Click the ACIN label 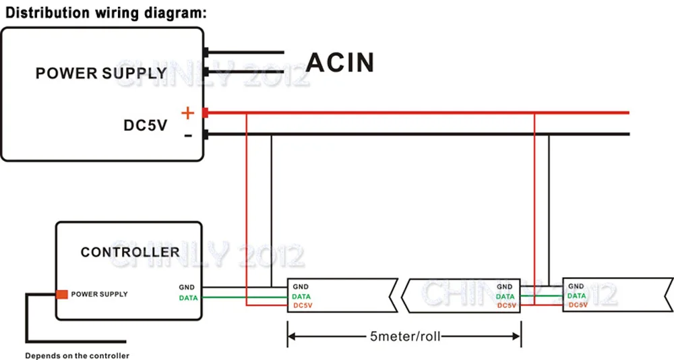pyautogui.click(x=340, y=62)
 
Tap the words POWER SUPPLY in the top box pyautogui.click(x=101, y=73)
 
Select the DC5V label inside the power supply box pyautogui.click(x=145, y=125)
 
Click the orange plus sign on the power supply pyautogui.click(x=187, y=113)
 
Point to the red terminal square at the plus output pyautogui.click(x=205, y=113)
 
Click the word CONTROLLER pyautogui.click(x=130, y=252)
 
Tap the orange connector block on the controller pyautogui.click(x=62, y=294)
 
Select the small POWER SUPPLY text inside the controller pyautogui.click(x=99, y=294)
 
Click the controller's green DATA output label pyautogui.click(x=189, y=297)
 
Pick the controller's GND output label pyautogui.click(x=187, y=287)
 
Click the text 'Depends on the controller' pyautogui.click(x=77, y=355)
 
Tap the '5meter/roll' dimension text pyautogui.click(x=404, y=335)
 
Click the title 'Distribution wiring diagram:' pyautogui.click(x=103, y=13)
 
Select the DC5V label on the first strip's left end pyautogui.click(x=303, y=306)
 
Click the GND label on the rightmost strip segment pyautogui.click(x=576, y=287)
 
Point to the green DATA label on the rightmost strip pyautogui.click(x=576, y=296)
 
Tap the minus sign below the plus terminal pyautogui.click(x=188, y=136)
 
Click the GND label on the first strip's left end pyautogui.click(x=301, y=287)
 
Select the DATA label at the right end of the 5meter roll pyautogui.click(x=505, y=297)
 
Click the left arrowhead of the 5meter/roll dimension pyautogui.click(x=291, y=335)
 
